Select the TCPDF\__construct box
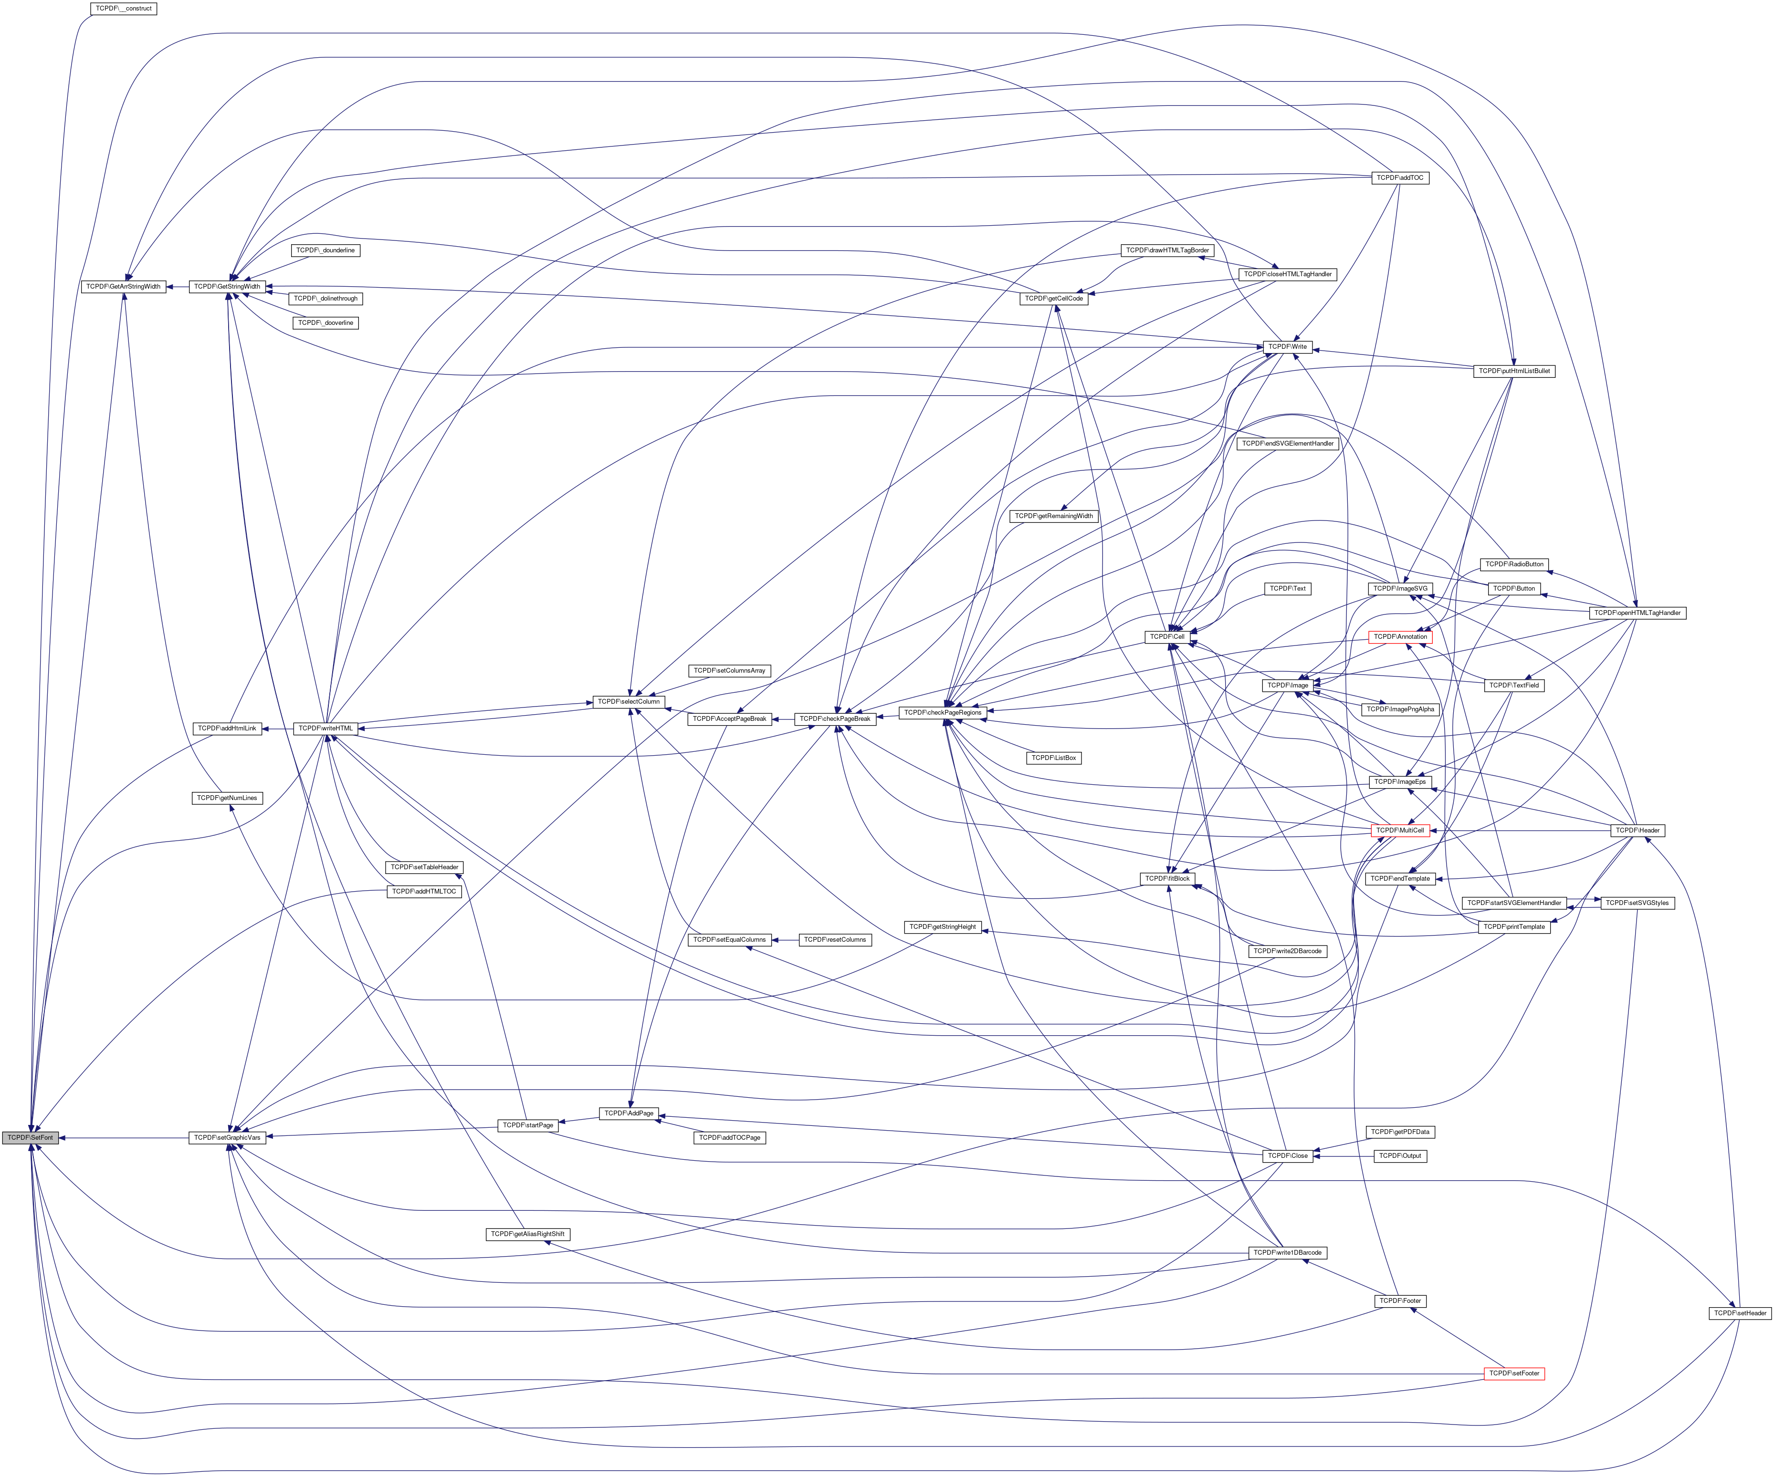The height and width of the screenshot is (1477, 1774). pos(123,9)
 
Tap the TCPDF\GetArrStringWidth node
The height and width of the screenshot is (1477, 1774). pos(123,286)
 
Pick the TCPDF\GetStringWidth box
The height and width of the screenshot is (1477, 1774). pos(226,286)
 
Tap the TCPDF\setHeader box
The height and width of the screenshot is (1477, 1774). pos(1739,1313)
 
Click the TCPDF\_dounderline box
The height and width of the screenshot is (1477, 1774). pos(325,251)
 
